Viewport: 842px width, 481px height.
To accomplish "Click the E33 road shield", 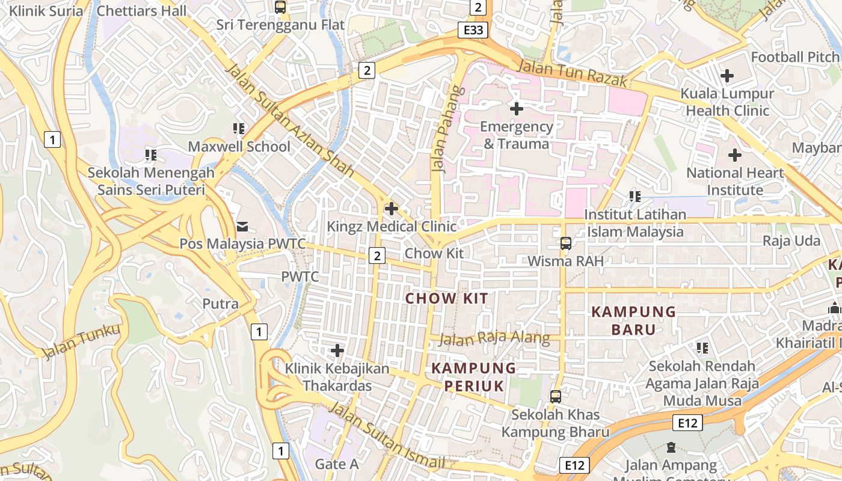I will [472, 31].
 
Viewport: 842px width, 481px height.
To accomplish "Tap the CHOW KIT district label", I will [446, 298].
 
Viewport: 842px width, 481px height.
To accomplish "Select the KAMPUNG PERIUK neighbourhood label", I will [474, 377].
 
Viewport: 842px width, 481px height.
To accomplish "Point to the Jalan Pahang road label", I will [440, 129].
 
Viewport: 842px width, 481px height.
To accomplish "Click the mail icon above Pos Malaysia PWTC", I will [242, 226].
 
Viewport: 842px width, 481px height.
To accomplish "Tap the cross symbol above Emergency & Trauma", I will [516, 109].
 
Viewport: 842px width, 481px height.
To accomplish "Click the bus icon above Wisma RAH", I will [565, 244].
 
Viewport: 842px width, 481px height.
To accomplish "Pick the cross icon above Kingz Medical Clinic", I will [392, 209].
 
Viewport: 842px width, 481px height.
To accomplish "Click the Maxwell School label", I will [239, 147].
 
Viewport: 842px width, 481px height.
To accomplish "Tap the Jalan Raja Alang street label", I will [494, 339].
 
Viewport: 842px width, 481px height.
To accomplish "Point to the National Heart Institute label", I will [735, 182].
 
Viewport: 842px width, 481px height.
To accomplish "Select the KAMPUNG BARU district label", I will [633, 320].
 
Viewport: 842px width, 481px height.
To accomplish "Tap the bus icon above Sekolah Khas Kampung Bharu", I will [556, 397].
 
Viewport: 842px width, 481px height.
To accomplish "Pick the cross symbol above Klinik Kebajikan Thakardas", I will [337, 350].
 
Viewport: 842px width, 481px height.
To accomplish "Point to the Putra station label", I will [220, 304].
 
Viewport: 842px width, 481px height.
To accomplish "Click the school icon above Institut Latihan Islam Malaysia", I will [635, 196].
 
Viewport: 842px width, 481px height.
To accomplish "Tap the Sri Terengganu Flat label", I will [280, 25].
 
